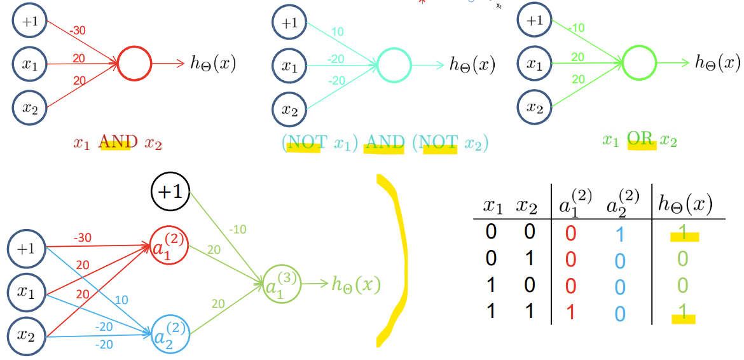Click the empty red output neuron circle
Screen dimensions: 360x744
point(135,64)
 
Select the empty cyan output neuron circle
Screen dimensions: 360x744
point(394,65)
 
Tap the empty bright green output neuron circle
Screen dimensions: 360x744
point(638,63)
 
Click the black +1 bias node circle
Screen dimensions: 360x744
point(170,192)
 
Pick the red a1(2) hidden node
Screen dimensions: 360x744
point(169,247)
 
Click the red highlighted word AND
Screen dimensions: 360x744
point(114,144)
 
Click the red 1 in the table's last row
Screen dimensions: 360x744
point(570,312)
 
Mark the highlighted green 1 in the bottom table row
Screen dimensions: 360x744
point(681,312)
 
